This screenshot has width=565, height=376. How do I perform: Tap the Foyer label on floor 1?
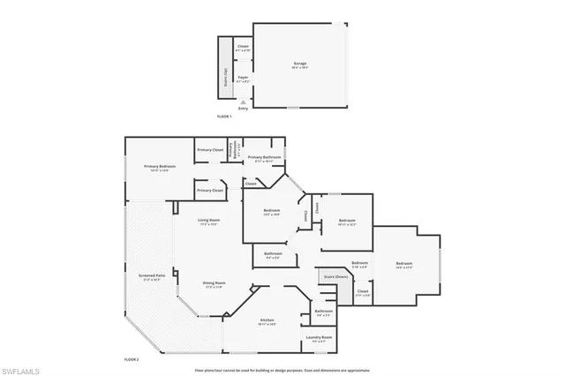[243, 79]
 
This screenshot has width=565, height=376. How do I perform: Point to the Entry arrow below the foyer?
[243, 101]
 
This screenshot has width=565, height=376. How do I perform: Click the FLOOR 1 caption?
[224, 117]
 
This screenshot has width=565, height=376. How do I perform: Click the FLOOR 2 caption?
[131, 359]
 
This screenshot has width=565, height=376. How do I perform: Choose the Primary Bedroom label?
[161, 167]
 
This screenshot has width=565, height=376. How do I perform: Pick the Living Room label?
[208, 220]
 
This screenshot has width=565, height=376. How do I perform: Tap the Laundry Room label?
[319, 338]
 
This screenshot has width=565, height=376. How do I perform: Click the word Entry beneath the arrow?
[243, 109]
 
